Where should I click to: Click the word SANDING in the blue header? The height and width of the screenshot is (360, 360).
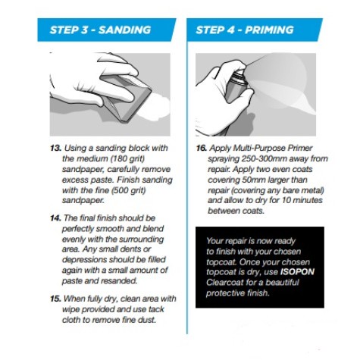point(124,30)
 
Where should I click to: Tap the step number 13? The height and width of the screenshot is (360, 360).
point(56,148)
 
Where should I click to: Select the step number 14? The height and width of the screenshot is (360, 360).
point(56,218)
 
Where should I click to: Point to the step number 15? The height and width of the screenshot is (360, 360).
point(56,299)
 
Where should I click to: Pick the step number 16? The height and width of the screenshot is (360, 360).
point(202,148)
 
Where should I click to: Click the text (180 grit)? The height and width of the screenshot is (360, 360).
point(127,159)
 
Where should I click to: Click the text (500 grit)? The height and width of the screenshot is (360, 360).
point(128,190)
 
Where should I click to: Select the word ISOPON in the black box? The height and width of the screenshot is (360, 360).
point(297,272)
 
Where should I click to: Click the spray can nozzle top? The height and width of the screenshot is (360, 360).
point(238,74)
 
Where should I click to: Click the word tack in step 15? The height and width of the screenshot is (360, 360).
point(156,309)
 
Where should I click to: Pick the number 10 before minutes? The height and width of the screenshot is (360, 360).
point(286,201)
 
